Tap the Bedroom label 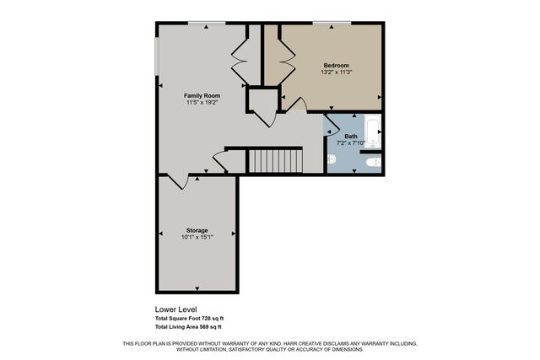click(336, 65)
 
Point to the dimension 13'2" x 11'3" click(336, 73)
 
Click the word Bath click(350, 136)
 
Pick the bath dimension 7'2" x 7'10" click(350, 143)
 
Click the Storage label click(197, 230)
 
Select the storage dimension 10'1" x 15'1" click(197, 238)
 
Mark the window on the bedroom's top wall click(332, 23)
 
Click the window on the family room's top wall click(200, 23)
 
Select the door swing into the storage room click(175, 180)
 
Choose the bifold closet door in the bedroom click(286, 56)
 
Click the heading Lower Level click(175, 309)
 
